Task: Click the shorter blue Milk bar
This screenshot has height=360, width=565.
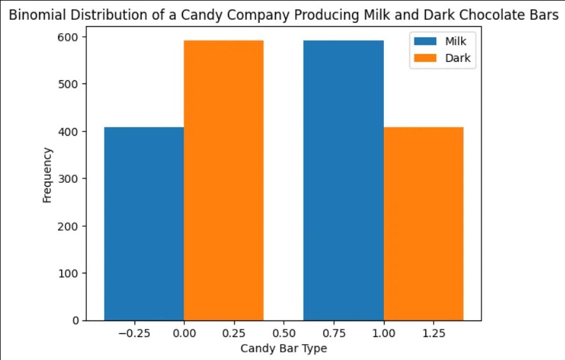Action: click(x=144, y=223)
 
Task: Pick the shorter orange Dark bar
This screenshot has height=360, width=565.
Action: click(x=423, y=223)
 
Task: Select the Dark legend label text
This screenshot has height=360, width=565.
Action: click(x=457, y=57)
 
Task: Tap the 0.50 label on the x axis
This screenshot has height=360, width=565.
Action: click(x=284, y=334)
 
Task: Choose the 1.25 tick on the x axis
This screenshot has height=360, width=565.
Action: click(x=434, y=334)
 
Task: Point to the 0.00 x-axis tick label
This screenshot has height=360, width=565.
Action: click(x=184, y=334)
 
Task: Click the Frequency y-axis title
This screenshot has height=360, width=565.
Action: click(x=47, y=175)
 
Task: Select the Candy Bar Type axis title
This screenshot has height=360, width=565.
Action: click(x=283, y=349)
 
